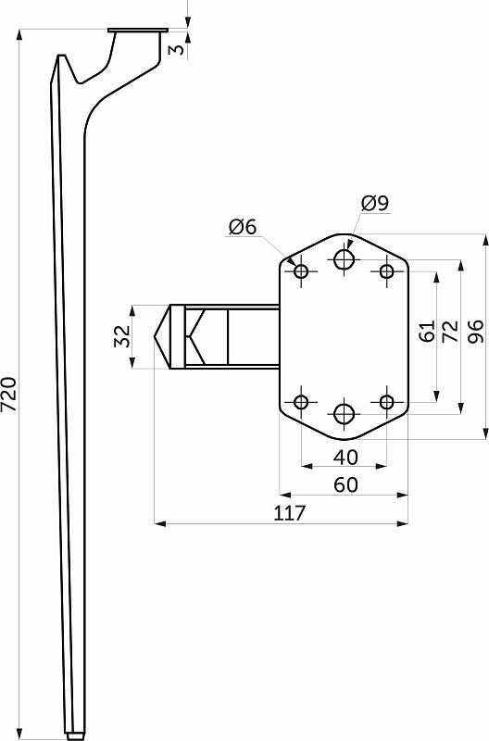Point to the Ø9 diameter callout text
pyautogui.click(x=375, y=203)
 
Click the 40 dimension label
pyautogui.click(x=345, y=457)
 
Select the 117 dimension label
pyautogui.click(x=290, y=514)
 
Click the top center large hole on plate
pyautogui.click(x=345, y=258)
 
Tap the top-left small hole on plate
pyautogui.click(x=301, y=270)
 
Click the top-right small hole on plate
pyautogui.click(x=387, y=270)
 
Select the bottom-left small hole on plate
pyautogui.click(x=301, y=402)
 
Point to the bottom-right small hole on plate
pyautogui.click(x=387, y=402)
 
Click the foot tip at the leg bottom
pyautogui.click(x=72, y=734)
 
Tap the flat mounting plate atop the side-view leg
pyautogui.click(x=137, y=31)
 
